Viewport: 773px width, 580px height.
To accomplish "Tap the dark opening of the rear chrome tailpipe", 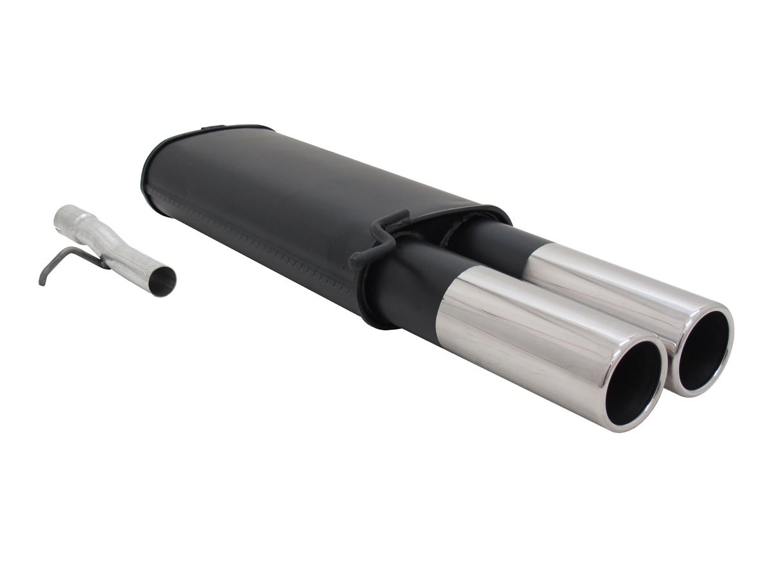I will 704,348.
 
